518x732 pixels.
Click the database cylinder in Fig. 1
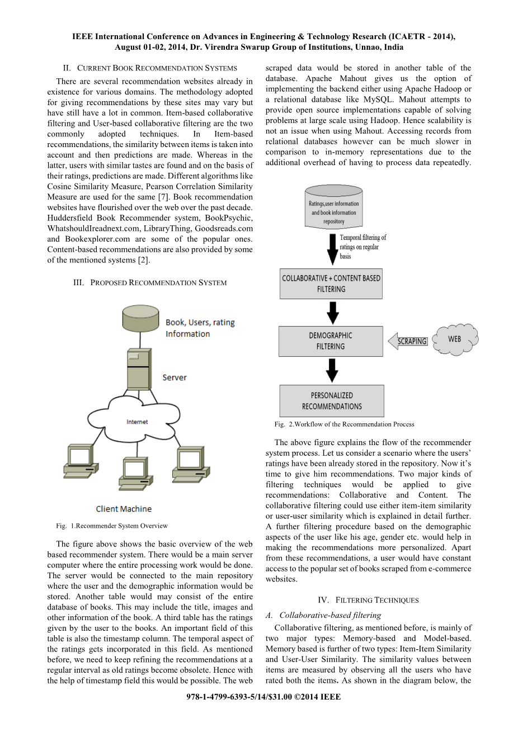[x=140, y=319]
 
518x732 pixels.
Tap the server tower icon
[x=138, y=369]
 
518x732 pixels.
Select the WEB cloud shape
[x=455, y=339]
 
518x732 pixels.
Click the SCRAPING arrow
[x=408, y=341]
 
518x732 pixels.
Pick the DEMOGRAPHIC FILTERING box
[x=331, y=341]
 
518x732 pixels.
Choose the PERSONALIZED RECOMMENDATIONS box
[x=332, y=400]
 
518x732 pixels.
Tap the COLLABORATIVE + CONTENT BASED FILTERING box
[x=331, y=284]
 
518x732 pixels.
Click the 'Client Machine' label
[x=124, y=509]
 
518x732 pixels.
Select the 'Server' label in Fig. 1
[x=175, y=377]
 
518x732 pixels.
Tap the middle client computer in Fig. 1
[x=135, y=472]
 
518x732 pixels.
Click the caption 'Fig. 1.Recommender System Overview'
[x=112, y=526]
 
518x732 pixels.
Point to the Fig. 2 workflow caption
[x=344, y=424]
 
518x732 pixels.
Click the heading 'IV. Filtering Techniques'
[x=368, y=600]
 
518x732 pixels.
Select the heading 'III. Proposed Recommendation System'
[x=150, y=282]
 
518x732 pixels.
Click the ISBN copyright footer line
[x=263, y=697]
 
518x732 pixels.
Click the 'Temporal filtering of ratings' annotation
[x=362, y=247]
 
